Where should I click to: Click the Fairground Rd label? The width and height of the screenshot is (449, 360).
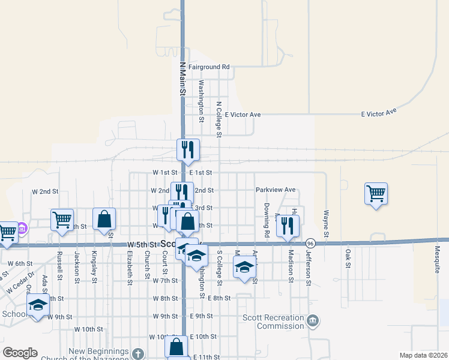point(209,67)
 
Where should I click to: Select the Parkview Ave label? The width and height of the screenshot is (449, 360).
point(276,190)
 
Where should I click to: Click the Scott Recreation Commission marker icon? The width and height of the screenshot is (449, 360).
point(313,322)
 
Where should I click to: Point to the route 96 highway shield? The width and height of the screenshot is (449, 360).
point(310,243)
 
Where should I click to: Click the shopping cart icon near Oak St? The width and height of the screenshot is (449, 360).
point(376,194)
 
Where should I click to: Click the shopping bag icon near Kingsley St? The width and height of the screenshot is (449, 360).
point(104,219)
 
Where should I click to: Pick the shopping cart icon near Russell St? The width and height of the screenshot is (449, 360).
point(62,220)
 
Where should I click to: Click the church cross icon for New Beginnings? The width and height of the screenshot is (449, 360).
point(138,353)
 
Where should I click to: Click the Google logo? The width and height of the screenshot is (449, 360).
point(19,353)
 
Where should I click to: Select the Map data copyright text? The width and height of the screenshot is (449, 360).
point(423,355)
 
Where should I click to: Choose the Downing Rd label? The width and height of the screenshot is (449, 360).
point(266,219)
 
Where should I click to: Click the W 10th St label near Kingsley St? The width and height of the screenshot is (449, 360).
point(89,329)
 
